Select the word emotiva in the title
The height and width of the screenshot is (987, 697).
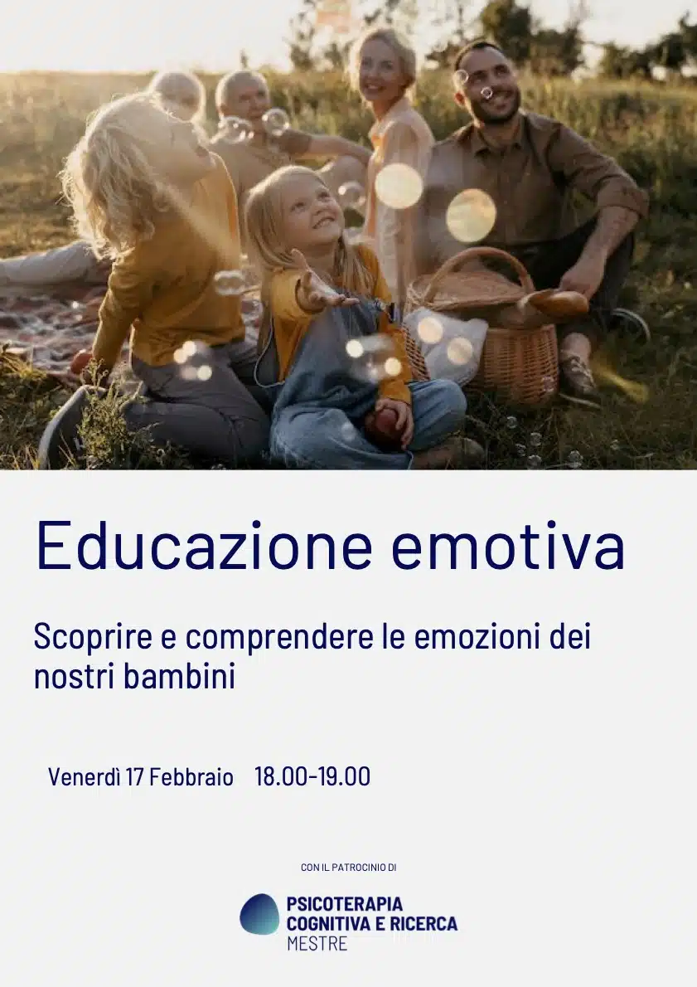[508, 545]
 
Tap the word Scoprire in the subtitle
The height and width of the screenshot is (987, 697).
[93, 638]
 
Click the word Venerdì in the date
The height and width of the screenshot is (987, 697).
[85, 777]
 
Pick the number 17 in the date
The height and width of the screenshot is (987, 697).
[134, 777]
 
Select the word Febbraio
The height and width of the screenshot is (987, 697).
[191, 777]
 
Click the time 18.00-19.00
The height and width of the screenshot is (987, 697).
[312, 776]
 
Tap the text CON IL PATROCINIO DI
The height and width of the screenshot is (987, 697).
[348, 868]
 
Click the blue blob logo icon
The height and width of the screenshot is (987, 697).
[259, 914]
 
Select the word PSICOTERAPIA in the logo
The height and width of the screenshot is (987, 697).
[345, 905]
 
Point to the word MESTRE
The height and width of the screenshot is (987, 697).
[317, 944]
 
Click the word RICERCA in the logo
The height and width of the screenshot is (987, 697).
[424, 924]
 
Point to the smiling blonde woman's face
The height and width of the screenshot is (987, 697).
[380, 66]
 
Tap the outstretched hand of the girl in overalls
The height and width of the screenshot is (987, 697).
[321, 290]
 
